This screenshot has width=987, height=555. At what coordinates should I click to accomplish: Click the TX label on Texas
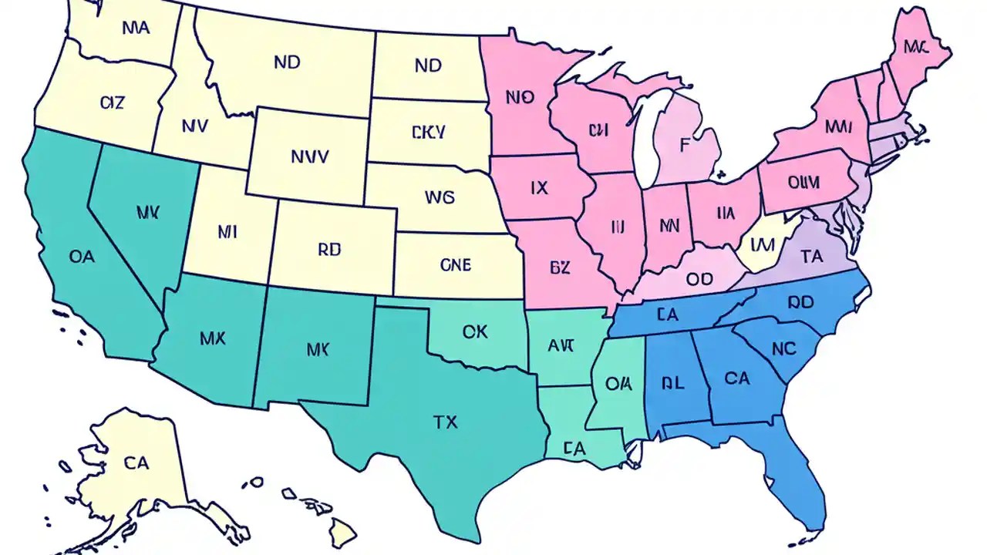445,422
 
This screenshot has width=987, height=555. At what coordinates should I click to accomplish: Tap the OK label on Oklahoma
475,331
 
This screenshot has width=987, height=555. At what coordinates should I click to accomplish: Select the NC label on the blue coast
783,348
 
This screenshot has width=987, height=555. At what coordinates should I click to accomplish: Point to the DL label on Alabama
672,383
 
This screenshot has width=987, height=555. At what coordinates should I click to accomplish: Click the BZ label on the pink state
560,267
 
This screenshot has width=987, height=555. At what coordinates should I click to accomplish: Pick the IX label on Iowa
540,187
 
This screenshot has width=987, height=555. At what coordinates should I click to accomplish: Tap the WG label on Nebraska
440,197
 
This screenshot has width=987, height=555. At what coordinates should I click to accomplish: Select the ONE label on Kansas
455,264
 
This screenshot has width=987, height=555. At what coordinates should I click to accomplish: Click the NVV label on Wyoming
310,156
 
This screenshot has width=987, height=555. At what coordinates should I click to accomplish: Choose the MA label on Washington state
136,29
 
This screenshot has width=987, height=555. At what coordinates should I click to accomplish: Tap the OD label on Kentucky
699,279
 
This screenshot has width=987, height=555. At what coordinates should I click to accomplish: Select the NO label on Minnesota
520,98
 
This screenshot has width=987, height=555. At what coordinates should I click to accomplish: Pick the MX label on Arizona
212,338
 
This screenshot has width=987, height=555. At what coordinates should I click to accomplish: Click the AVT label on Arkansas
561,346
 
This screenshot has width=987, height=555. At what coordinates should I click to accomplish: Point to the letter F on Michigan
684,143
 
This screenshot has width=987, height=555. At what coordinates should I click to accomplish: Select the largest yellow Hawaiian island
343,531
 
